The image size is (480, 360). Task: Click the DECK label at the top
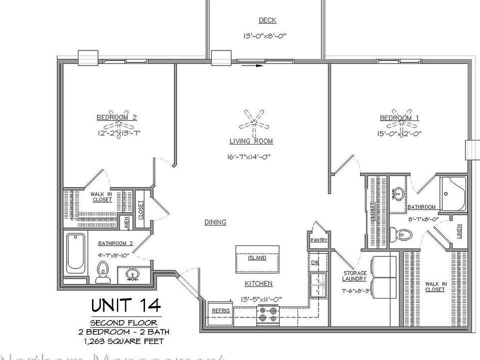(x=267, y=20)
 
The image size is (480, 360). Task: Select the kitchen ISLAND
(x=257, y=258)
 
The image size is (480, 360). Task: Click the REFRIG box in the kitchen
(x=220, y=310)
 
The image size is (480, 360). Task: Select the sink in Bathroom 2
(x=132, y=274)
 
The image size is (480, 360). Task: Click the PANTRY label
(x=318, y=240)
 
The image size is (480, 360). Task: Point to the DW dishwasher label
(x=315, y=262)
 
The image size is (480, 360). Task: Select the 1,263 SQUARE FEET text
(x=123, y=341)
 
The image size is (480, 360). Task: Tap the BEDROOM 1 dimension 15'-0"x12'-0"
(x=399, y=133)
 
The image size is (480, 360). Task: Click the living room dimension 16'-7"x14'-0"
(x=248, y=156)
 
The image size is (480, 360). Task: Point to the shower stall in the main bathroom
(x=453, y=194)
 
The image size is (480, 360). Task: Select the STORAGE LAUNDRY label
(x=355, y=276)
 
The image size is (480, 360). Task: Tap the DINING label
(x=215, y=222)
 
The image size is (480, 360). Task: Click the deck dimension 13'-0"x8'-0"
(x=265, y=36)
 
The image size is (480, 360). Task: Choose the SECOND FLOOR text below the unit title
(x=123, y=322)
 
